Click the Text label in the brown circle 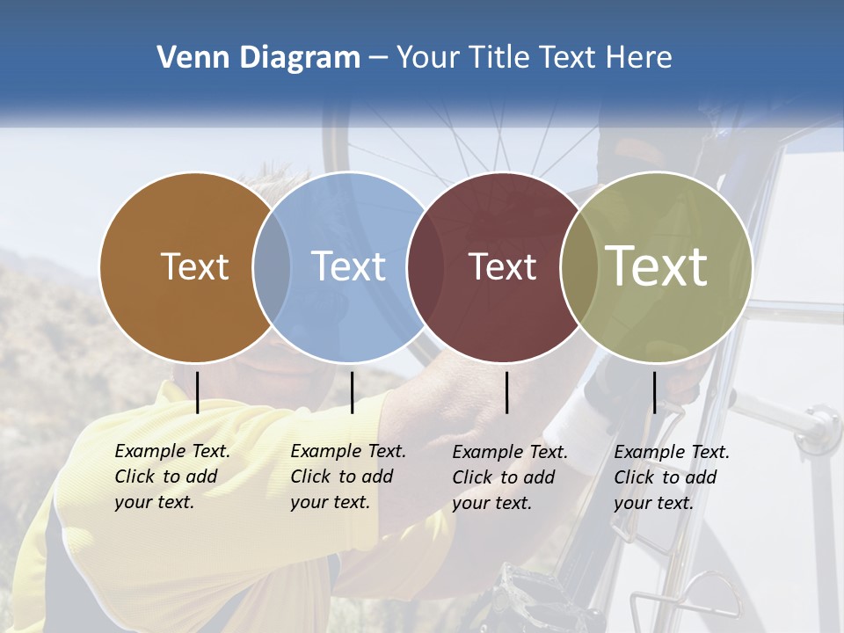[x=194, y=266]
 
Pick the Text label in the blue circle [x=349, y=266]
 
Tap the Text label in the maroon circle [x=502, y=266]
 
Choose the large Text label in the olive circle [x=657, y=266]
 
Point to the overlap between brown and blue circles [x=272, y=266]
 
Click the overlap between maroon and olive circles [x=579, y=266]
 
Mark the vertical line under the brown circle [x=198, y=392]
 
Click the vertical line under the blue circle [x=352, y=392]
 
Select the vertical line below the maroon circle [x=506, y=392]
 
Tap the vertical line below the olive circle [x=654, y=392]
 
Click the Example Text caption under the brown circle [x=172, y=477]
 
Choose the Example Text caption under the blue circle [x=348, y=477]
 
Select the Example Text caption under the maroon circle [x=510, y=477]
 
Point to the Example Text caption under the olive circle [x=672, y=477]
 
